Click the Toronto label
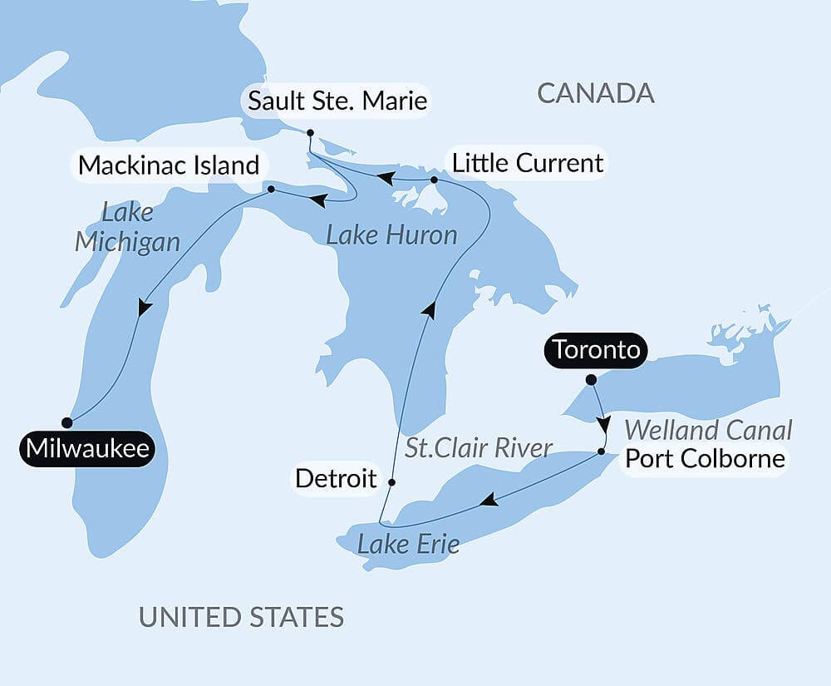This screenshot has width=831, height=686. click(597, 350)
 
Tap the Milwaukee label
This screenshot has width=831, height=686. click(87, 449)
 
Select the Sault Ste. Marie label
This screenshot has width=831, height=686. click(337, 101)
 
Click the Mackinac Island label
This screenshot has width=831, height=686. click(169, 165)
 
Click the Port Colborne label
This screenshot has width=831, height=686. click(705, 458)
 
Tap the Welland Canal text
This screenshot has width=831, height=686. click(708, 430)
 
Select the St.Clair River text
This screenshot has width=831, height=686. click(479, 448)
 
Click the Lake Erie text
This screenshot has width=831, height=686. click(408, 545)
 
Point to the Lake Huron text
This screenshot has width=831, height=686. click(391, 235)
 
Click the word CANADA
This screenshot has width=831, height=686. click(596, 93)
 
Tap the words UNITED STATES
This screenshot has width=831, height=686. click(241, 617)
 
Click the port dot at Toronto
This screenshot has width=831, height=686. click(591, 380)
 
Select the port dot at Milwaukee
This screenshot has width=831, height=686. click(67, 422)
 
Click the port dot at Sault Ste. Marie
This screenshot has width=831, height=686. click(309, 133)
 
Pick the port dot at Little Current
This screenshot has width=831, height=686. click(434, 180)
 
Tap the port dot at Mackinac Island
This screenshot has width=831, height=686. click(272, 190)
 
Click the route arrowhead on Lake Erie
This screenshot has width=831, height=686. click(489, 500)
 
